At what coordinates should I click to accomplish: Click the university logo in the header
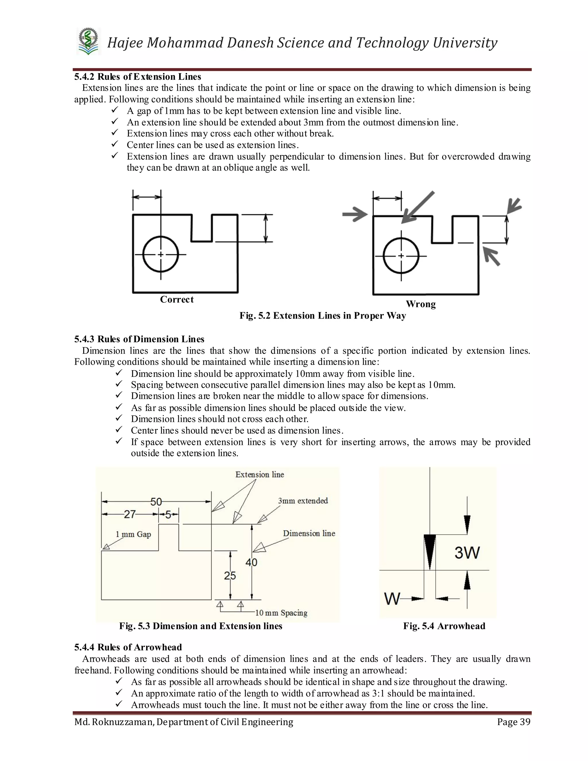88,41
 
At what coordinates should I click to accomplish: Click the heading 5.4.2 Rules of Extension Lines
138,77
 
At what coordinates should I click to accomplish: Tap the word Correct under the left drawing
177,299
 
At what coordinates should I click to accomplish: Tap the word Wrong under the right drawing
420,304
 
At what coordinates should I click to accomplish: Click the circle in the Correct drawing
160,254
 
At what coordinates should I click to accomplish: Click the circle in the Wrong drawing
401,256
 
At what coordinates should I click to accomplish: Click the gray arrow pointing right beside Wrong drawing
355,214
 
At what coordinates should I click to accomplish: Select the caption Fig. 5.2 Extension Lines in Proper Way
322,316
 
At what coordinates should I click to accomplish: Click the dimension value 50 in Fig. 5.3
156,502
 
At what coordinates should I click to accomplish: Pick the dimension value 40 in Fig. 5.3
251,562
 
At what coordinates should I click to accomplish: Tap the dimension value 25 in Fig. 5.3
230,575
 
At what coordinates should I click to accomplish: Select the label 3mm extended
303,501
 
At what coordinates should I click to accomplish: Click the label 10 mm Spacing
281,613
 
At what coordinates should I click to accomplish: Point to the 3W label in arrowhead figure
467,553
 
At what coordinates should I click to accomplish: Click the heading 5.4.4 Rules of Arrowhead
128,647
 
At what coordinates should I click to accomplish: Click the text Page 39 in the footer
513,722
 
